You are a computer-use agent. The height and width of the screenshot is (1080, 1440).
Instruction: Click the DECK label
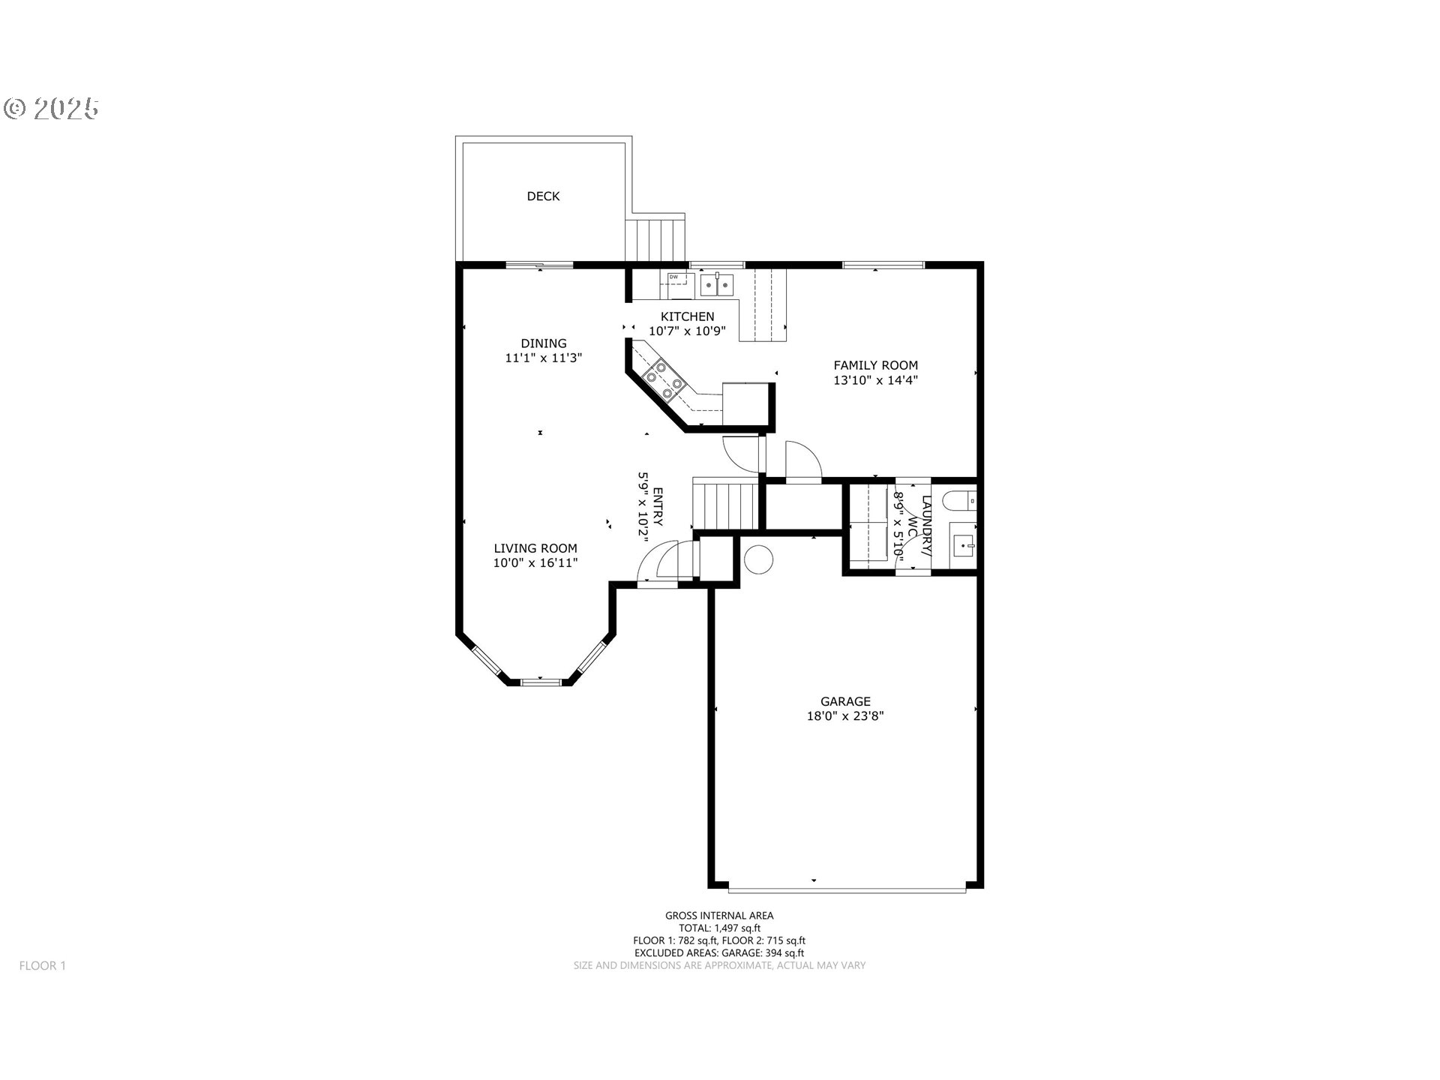[543, 196]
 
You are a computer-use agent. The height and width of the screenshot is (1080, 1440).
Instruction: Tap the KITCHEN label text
[687, 316]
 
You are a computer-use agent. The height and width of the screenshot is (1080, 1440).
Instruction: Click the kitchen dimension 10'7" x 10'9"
[687, 331]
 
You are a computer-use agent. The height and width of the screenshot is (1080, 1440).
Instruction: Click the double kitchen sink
[717, 285]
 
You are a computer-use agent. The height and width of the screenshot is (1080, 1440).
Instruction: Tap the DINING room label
[544, 343]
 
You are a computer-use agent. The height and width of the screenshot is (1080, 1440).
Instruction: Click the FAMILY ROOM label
[875, 365]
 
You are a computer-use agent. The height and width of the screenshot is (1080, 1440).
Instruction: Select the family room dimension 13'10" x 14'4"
[875, 380]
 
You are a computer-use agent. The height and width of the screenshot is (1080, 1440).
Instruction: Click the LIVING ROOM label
[535, 548]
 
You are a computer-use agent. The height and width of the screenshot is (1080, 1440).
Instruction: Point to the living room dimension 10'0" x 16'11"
[535, 563]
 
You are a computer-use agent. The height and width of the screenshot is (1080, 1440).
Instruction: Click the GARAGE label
[845, 701]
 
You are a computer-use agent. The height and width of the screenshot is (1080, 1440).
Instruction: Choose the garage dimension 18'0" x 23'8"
[845, 716]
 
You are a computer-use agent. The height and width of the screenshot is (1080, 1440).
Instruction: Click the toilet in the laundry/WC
[959, 500]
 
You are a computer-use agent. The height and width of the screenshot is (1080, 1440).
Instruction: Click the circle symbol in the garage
[758, 559]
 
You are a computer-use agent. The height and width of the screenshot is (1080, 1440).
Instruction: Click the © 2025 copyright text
[52, 109]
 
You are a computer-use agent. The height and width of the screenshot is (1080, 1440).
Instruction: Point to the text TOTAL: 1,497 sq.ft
[719, 928]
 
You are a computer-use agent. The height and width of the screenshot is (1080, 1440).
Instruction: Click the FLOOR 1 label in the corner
[43, 966]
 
